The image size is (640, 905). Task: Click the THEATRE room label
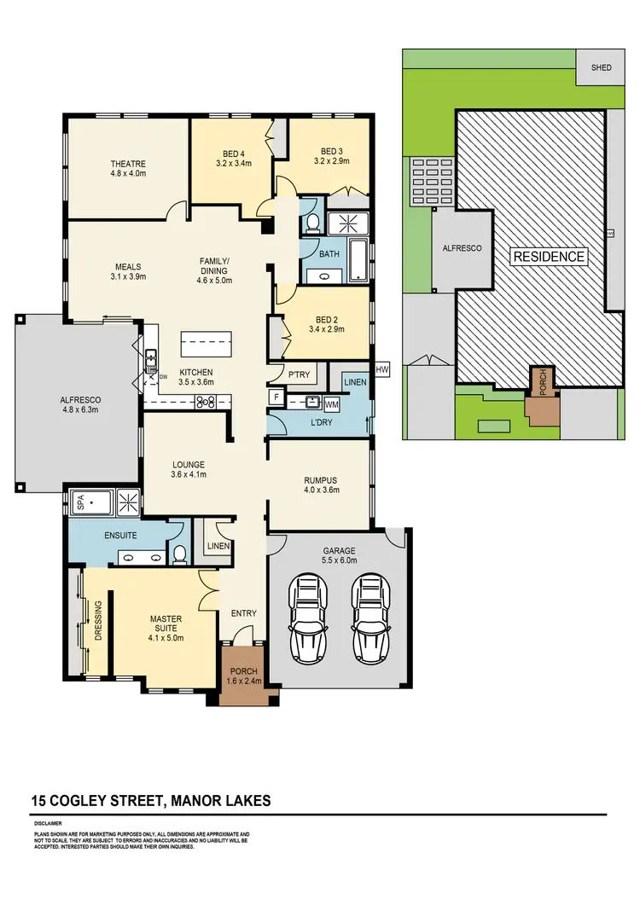point(127,164)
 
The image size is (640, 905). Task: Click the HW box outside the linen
point(381,369)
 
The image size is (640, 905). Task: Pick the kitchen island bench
point(206,345)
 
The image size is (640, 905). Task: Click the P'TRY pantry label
point(299,375)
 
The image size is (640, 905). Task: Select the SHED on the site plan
point(601,68)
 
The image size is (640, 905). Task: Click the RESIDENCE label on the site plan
point(549,256)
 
